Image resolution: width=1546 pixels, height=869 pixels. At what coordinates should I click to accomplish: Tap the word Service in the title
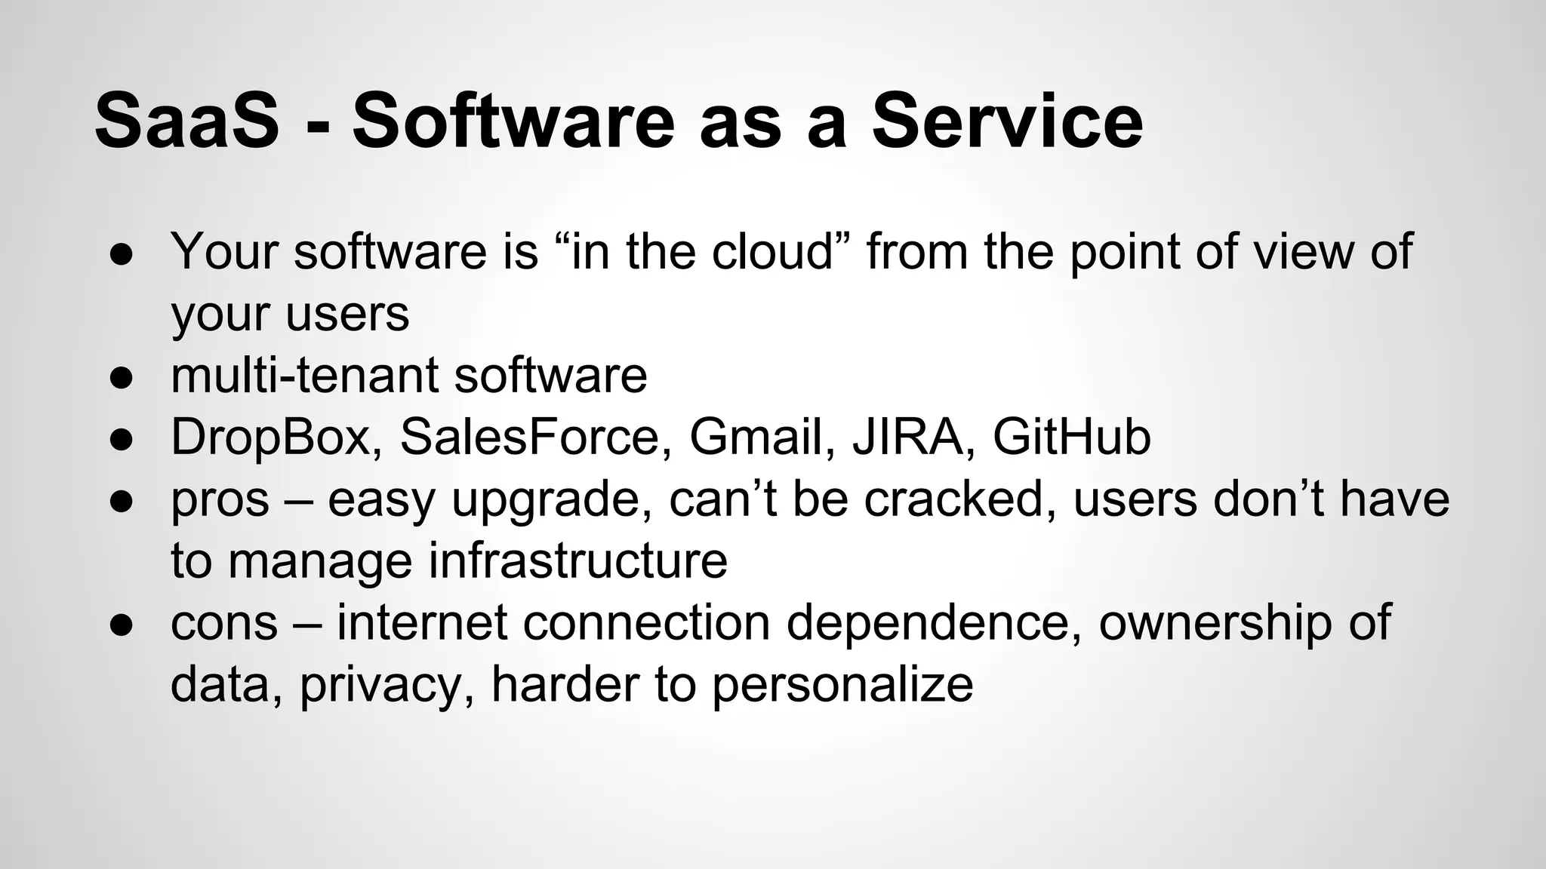click(1007, 121)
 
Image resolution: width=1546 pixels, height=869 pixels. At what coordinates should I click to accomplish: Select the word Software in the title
click(513, 121)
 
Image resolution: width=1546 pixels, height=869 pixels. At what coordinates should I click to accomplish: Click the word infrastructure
click(578, 560)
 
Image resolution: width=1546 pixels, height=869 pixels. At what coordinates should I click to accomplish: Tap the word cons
click(224, 623)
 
